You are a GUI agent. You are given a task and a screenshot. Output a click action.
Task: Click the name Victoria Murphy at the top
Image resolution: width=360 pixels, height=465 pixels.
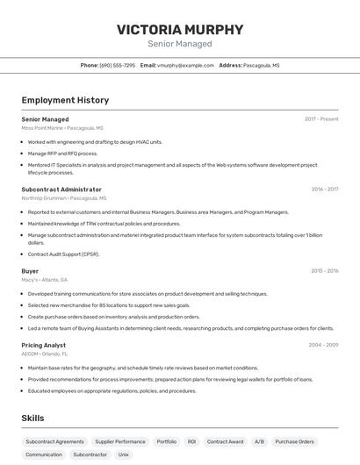[x=180, y=29]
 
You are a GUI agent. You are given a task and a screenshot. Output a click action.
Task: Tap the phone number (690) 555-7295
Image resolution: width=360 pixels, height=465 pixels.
[x=118, y=65]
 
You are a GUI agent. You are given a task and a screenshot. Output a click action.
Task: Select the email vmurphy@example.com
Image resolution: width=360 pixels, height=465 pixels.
[x=186, y=65]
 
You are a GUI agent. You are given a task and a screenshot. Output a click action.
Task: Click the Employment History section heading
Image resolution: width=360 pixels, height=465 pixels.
[x=65, y=100]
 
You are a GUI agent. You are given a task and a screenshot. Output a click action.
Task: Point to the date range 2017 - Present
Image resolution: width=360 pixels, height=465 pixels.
[x=321, y=118]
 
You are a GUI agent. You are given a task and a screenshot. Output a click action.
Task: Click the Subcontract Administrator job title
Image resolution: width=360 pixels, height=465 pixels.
[x=61, y=190]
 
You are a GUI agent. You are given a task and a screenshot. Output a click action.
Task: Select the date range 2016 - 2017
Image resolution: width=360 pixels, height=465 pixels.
[x=325, y=189]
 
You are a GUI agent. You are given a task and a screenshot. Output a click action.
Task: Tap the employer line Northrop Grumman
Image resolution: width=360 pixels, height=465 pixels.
[x=63, y=198]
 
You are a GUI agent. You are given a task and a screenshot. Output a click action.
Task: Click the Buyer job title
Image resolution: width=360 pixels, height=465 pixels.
[x=30, y=271]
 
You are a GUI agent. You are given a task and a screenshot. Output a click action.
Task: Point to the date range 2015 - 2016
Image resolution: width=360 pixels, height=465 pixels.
[x=325, y=271]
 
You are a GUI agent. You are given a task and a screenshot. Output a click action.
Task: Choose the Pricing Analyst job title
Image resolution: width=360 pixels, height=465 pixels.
[x=44, y=345]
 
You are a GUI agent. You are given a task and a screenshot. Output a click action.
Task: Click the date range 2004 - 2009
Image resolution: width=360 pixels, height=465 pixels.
[x=323, y=345]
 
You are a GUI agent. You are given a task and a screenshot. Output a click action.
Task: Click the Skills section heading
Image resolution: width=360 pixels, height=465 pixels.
[x=32, y=418]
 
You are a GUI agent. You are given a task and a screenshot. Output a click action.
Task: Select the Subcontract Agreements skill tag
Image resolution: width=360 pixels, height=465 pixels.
[x=54, y=441]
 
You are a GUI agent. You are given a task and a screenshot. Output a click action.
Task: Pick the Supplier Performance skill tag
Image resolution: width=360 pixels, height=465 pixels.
[x=120, y=441]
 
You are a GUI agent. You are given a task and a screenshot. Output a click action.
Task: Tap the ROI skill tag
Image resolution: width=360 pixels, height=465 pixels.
[x=191, y=441]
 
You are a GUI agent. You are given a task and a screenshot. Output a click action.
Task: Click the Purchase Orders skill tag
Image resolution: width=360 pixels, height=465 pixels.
[x=294, y=441]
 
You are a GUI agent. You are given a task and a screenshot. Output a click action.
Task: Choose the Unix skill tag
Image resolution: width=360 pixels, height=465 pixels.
[x=124, y=454]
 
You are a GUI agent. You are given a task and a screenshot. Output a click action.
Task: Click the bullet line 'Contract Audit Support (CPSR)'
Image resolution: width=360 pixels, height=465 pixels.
[x=64, y=254]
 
